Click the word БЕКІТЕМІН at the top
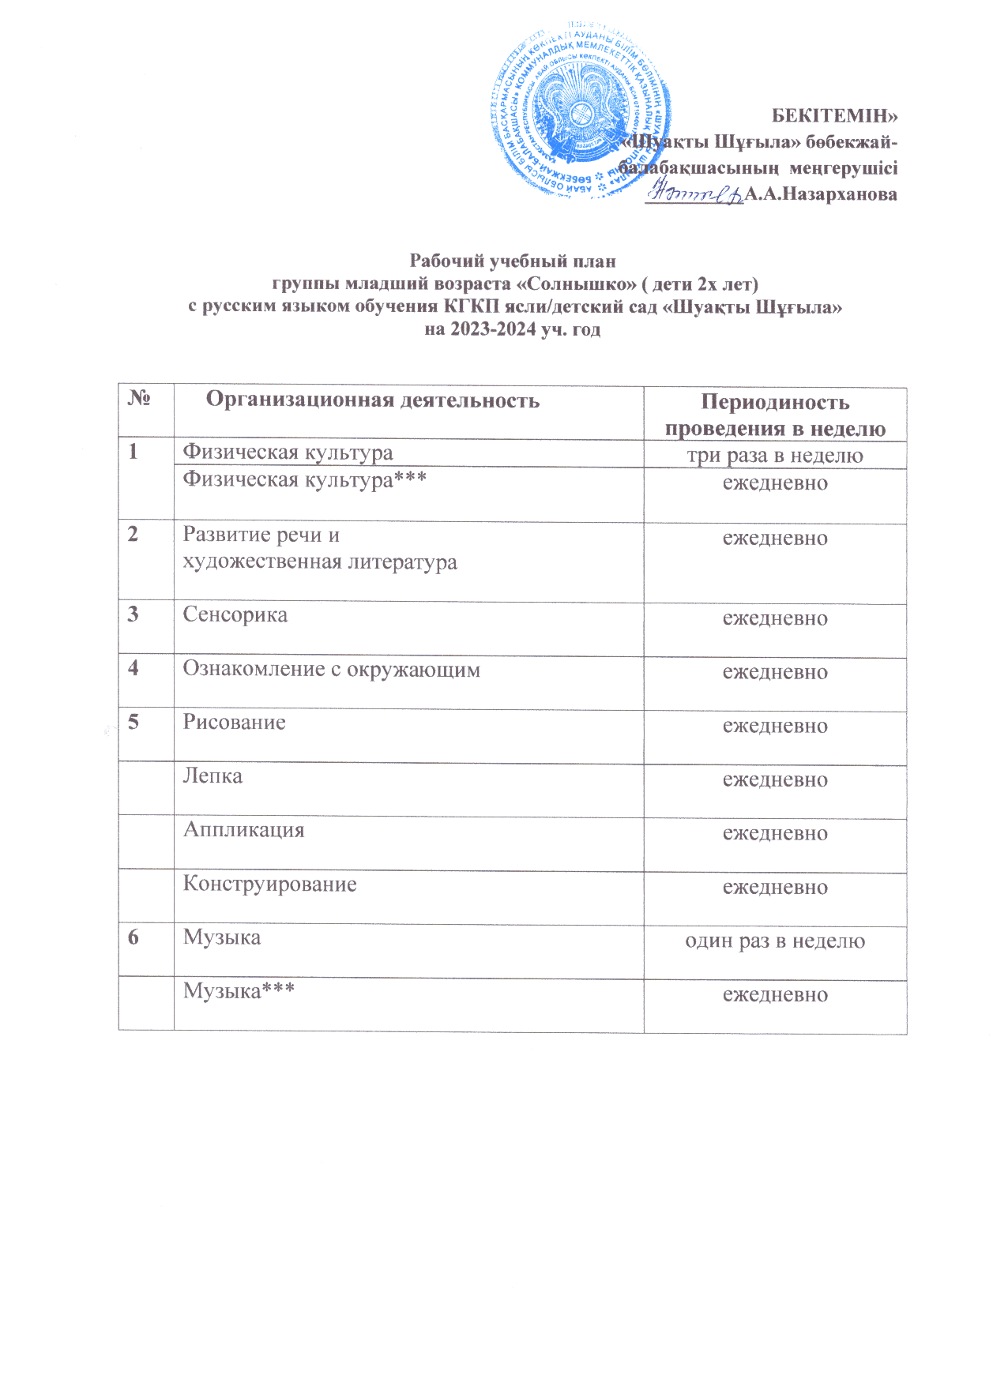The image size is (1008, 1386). pos(834,116)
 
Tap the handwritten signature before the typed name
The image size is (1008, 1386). pos(693,192)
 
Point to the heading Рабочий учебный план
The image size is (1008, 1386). pos(513,261)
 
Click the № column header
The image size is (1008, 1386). pos(139,398)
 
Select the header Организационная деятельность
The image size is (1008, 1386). pos(373,400)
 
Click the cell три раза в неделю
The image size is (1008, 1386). pos(774,456)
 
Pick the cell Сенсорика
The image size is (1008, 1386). pos(235,615)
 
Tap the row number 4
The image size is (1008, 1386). pos(134,668)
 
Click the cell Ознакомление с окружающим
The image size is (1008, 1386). pos(331,670)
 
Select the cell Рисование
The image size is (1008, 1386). pos(235,723)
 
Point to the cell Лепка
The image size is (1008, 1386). pos(213,776)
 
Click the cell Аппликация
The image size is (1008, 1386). pos(243,830)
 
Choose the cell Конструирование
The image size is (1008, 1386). pos(269,884)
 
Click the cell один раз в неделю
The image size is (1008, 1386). pos(774,941)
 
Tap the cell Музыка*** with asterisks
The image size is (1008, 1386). pos(239,991)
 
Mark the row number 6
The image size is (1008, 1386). pos(134,937)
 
